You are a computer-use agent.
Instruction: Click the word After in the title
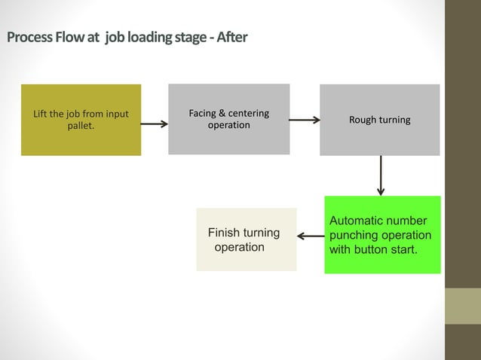point(232,37)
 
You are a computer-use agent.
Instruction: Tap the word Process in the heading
point(29,37)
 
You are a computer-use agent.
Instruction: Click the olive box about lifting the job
point(81,120)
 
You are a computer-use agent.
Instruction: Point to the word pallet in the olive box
point(81,126)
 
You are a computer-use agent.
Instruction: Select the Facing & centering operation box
point(229,119)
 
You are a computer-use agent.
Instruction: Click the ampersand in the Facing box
point(222,114)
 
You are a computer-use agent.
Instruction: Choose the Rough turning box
point(380,120)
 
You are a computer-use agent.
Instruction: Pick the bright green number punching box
point(382,235)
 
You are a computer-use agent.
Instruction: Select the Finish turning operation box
point(247,239)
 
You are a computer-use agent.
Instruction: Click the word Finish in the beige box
point(223,233)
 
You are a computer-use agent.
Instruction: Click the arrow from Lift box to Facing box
point(155,124)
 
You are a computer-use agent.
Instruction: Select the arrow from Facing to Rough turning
point(305,120)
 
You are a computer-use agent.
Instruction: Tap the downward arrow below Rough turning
point(381,175)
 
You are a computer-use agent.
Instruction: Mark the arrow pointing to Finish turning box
point(311,236)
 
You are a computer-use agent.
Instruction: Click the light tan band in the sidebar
point(463,306)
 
